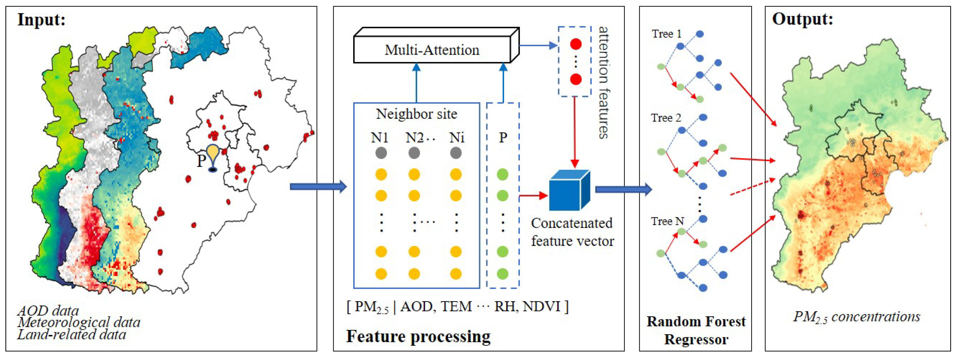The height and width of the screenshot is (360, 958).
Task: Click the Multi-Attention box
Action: click(432, 50)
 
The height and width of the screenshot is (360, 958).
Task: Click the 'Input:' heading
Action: click(41, 19)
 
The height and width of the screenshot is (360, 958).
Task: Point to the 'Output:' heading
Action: click(803, 19)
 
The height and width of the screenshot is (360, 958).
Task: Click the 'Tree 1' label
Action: click(667, 34)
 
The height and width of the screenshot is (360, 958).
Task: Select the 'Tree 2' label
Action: click(666, 118)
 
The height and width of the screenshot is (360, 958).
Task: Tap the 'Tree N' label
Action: click(667, 221)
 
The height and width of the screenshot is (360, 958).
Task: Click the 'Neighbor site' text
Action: click(416, 114)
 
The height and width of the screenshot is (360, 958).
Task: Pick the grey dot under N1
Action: click(381, 153)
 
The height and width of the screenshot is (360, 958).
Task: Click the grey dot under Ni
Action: click(456, 153)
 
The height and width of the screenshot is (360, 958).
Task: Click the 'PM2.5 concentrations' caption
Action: click(857, 317)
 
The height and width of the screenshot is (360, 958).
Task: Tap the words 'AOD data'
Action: click(48, 310)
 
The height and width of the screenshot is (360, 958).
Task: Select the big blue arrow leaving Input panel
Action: click(318, 186)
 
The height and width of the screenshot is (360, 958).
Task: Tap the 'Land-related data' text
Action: click(72, 334)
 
